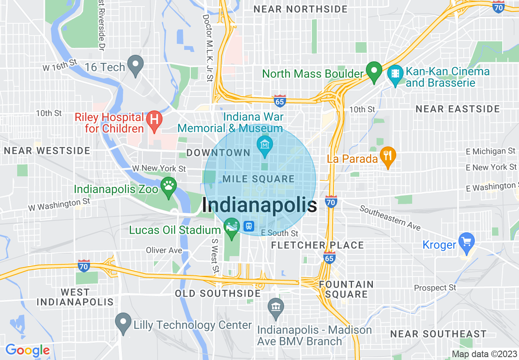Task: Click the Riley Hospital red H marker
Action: [154, 120]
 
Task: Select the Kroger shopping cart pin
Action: [466, 241]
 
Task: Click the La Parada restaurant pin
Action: [387, 156]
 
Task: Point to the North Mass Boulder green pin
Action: [373, 70]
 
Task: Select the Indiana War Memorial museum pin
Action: [265, 145]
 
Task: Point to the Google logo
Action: [27, 351]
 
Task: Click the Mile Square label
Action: [258, 179]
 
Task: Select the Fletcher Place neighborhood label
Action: [318, 245]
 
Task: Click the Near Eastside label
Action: [458, 109]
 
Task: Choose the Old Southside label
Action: [218, 294]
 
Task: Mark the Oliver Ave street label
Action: [164, 250]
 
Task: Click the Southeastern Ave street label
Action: [390, 218]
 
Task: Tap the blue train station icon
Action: [248, 226]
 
